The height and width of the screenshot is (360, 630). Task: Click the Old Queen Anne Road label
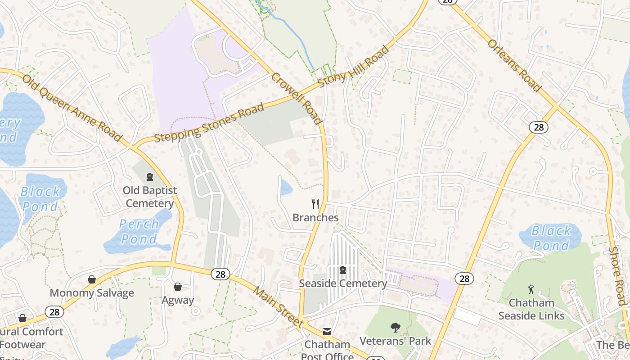coord(72,108)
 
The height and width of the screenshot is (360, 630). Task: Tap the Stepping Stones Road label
coord(209,123)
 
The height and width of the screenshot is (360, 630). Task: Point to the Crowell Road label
coord(297,99)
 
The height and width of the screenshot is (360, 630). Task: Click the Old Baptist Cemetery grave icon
coord(150,177)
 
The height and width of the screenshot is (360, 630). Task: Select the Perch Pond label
coord(139,231)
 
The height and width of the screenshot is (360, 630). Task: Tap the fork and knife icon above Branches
coord(315,204)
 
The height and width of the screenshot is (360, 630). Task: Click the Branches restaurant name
coord(315,218)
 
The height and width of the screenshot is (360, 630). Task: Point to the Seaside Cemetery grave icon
coord(343,270)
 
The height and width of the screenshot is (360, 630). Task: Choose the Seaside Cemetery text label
coord(343,283)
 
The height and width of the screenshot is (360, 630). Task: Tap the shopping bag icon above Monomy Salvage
coord(92,279)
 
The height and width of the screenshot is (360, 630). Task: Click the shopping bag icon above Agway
coord(178,287)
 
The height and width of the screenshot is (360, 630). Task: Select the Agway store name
coord(178,300)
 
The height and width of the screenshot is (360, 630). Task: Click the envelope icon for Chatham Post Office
coord(327,332)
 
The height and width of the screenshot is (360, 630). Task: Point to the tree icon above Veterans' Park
coord(396,327)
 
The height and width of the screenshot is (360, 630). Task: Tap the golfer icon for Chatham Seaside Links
coord(531,289)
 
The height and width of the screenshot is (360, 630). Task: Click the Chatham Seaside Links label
coord(531,309)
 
